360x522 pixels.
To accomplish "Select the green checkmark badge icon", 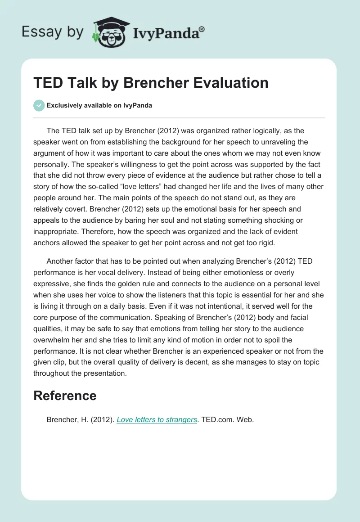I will (39, 105).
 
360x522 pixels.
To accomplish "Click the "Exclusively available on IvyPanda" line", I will (99, 105).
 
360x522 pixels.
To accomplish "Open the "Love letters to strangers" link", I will (157, 419).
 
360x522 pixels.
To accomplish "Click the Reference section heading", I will (65, 396).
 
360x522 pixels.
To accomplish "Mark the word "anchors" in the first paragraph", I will (46, 243).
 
